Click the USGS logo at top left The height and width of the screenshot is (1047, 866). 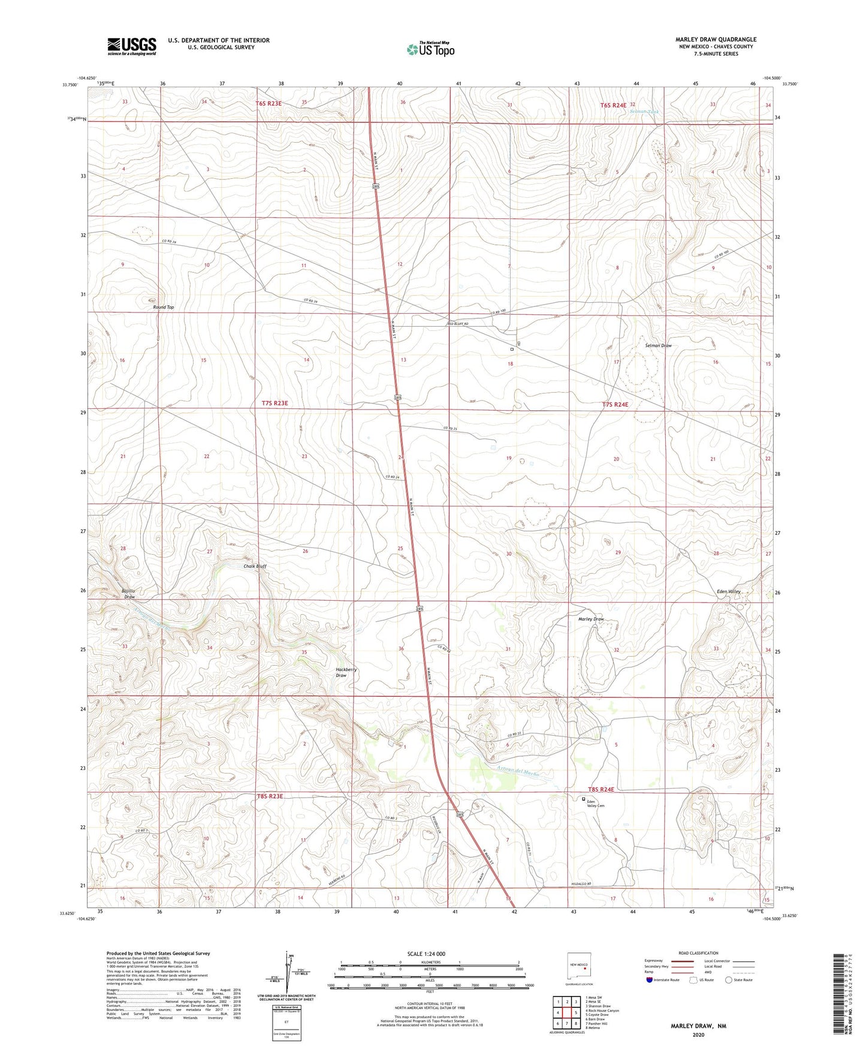coord(132,46)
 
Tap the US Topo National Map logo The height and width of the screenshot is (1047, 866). coord(430,49)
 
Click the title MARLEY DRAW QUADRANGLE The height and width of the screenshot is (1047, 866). coord(716,40)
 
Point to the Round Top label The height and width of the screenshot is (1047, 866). coord(164,307)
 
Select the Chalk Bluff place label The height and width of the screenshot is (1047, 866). coord(255,566)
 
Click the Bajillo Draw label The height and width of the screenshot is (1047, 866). coord(128,594)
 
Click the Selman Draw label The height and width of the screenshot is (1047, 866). coord(658,345)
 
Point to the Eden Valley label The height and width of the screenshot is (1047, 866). coord(729,591)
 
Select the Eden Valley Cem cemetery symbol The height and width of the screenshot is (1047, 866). coord(584,799)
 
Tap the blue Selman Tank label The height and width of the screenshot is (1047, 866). coord(644,112)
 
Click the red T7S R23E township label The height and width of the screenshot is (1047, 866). coord(274,404)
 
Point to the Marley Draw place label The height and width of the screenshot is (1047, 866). coord(590,619)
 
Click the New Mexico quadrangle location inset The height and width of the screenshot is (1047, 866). coord(579,966)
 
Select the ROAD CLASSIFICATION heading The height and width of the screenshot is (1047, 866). coord(698,953)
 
